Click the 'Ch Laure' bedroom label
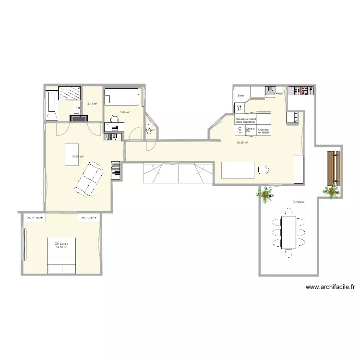(61, 243)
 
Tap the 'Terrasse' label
(298, 202)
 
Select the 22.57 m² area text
(78, 156)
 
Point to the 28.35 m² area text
(242, 143)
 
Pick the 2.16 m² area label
(92, 104)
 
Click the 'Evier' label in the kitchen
(241, 96)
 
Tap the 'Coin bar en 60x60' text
(264, 131)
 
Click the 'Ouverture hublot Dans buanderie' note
(246, 120)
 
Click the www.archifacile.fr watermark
(330, 288)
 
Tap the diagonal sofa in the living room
(88, 179)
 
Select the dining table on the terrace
(288, 232)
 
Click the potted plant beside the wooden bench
(331, 191)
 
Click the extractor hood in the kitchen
(271, 91)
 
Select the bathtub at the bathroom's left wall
(51, 105)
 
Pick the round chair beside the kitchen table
(263, 169)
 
